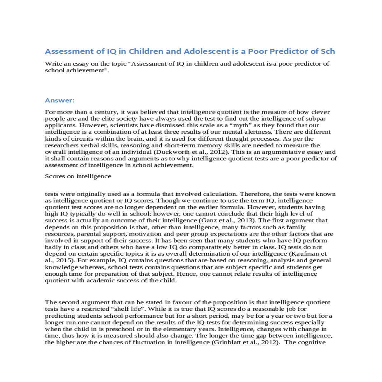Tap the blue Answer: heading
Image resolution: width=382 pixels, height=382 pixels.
pyautogui.click(x=60, y=101)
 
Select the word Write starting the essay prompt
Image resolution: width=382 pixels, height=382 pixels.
pyautogui.click(x=53, y=64)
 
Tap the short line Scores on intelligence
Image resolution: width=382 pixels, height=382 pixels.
pyautogui.click(x=78, y=176)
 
